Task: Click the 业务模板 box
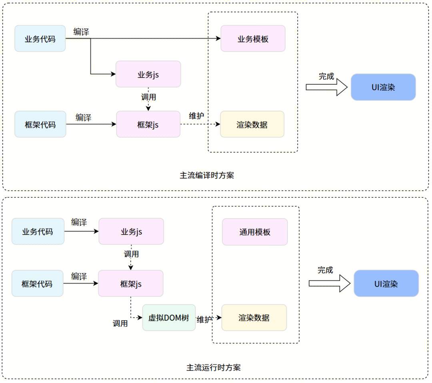coord(253,39)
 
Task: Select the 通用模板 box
coord(255,232)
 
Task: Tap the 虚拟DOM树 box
coord(169,318)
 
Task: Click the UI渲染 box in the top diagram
coord(383,87)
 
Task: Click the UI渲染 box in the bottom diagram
coord(386,283)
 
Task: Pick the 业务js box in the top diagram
coord(148,74)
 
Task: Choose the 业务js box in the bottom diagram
coord(131,231)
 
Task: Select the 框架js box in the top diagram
coord(148,124)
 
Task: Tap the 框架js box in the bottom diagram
coord(130,283)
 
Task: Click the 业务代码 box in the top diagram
coord(40,39)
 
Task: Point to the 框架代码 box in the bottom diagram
coord(37,283)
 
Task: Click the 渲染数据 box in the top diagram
coord(252,124)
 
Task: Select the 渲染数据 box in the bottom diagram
coord(254,318)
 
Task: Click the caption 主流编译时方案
coord(207,175)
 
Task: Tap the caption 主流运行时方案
coord(214,367)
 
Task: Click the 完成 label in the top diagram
coord(326,76)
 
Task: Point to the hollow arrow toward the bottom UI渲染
coord(329,283)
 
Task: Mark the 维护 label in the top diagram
coord(196,116)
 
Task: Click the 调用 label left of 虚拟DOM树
coord(120,323)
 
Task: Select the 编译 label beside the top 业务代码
coord(81,32)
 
